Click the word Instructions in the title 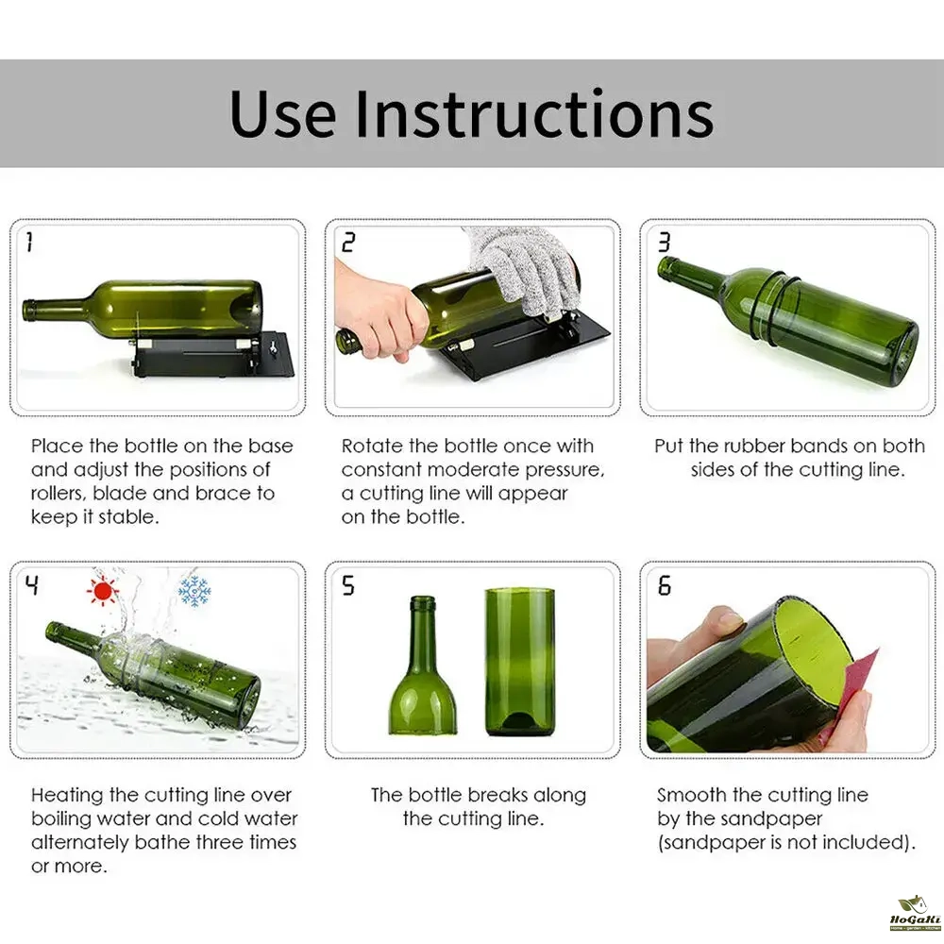(534, 114)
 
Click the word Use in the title (282, 114)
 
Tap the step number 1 (29, 242)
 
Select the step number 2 (348, 242)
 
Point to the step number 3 (664, 242)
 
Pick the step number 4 (32, 584)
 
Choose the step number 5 (348, 585)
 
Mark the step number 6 (664, 585)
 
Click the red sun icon (102, 591)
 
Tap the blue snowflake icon (194, 591)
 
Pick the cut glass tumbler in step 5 (520, 662)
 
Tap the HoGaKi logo (915, 913)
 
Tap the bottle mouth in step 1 (26, 311)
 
